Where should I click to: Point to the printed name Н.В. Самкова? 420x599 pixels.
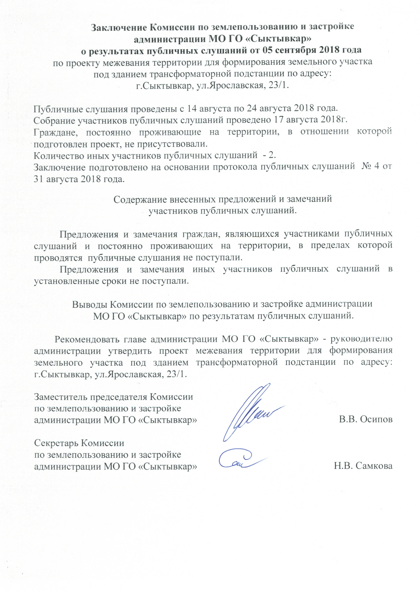pos(363,466)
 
